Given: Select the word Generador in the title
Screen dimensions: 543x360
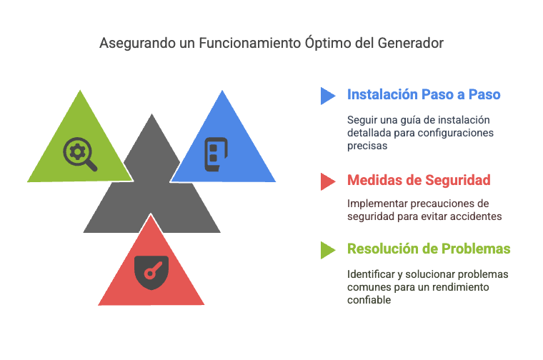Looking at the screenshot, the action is [x=410, y=43].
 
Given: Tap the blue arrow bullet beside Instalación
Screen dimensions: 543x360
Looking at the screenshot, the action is [x=328, y=96].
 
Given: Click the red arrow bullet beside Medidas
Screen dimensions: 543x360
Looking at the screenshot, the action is [x=328, y=181].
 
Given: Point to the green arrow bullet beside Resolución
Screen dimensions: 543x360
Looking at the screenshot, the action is [x=328, y=250].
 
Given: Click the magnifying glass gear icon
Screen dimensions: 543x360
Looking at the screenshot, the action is [x=80, y=154].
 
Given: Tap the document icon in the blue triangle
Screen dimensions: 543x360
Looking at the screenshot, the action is [x=216, y=154].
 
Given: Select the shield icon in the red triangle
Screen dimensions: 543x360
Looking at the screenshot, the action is [x=151, y=272].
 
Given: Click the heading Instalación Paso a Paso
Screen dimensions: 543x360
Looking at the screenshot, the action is [x=424, y=94].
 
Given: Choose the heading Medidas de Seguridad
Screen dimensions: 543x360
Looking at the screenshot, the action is [x=419, y=180].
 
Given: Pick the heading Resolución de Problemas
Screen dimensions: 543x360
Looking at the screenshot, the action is [x=429, y=249].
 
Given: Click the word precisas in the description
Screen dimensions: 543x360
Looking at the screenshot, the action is [x=367, y=146].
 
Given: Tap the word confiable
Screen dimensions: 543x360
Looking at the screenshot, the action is [x=369, y=300].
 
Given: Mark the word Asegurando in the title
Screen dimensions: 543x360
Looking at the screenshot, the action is [x=137, y=44].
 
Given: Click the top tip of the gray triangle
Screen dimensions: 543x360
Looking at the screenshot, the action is [x=151, y=114].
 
